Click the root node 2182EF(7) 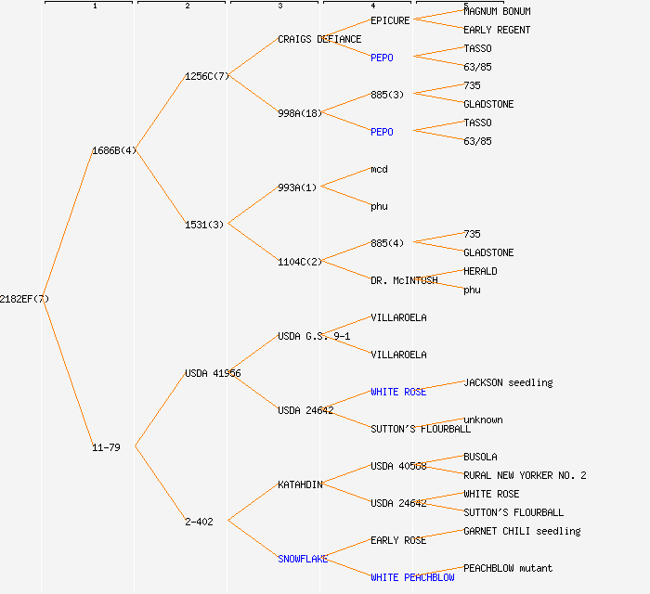point(24,299)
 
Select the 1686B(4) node point(114,150)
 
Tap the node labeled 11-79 point(106,447)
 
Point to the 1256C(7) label point(207,76)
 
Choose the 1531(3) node point(204,225)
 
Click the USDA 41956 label point(213,373)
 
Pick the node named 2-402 point(199,522)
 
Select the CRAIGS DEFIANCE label point(319,39)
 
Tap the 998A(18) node point(300,113)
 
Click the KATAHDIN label point(300,484)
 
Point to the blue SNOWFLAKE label point(303,559)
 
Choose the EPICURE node point(390,20)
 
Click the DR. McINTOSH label point(404,280)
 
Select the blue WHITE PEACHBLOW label point(412,577)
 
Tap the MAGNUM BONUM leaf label point(497,11)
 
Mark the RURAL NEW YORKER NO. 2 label point(525,475)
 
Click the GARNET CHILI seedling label point(522,531)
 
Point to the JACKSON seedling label point(508,382)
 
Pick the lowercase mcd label point(379,169)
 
